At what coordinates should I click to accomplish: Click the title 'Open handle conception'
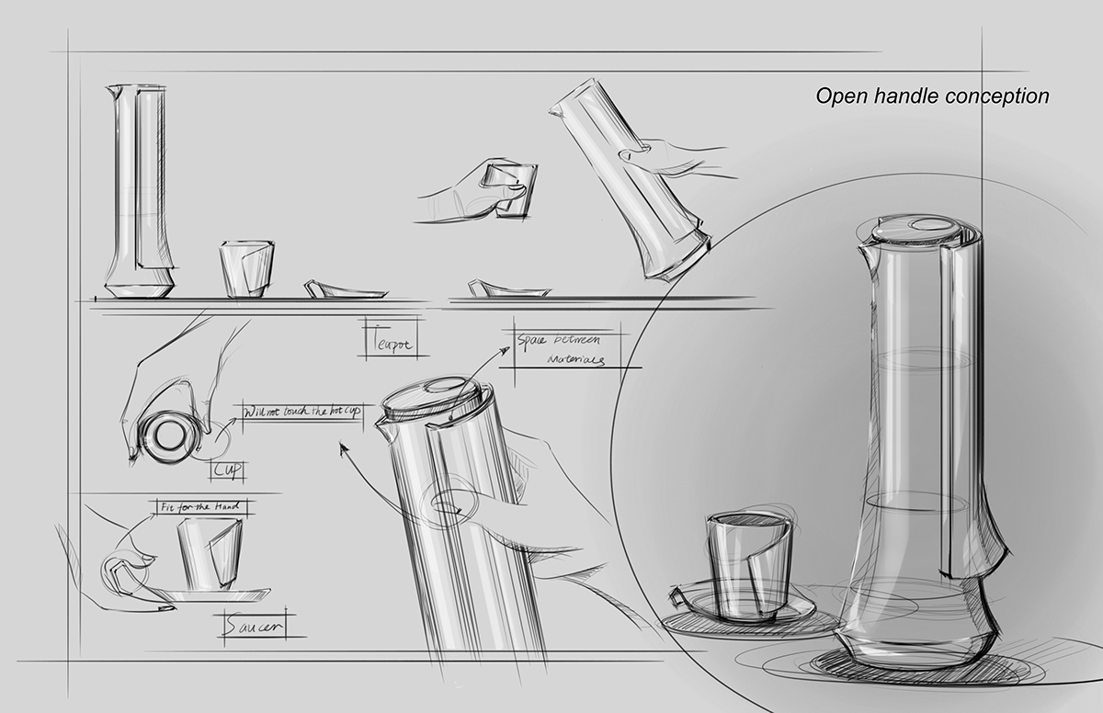932,96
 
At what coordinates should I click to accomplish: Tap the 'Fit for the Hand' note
199,506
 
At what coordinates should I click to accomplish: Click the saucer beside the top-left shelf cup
339,289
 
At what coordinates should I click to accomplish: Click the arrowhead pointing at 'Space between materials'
506,350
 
